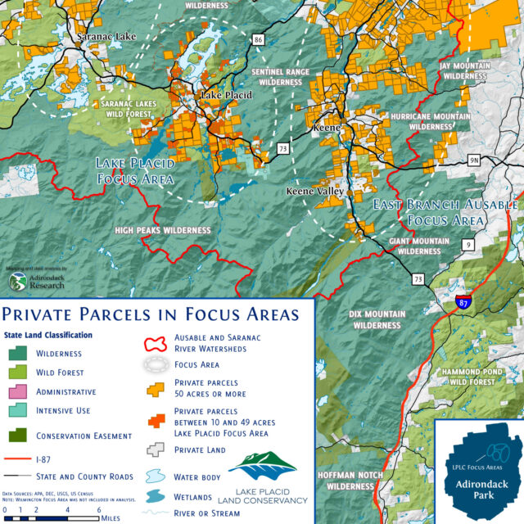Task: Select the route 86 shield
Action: pyautogui.click(x=260, y=38)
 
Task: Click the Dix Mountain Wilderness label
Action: pyautogui.click(x=384, y=319)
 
